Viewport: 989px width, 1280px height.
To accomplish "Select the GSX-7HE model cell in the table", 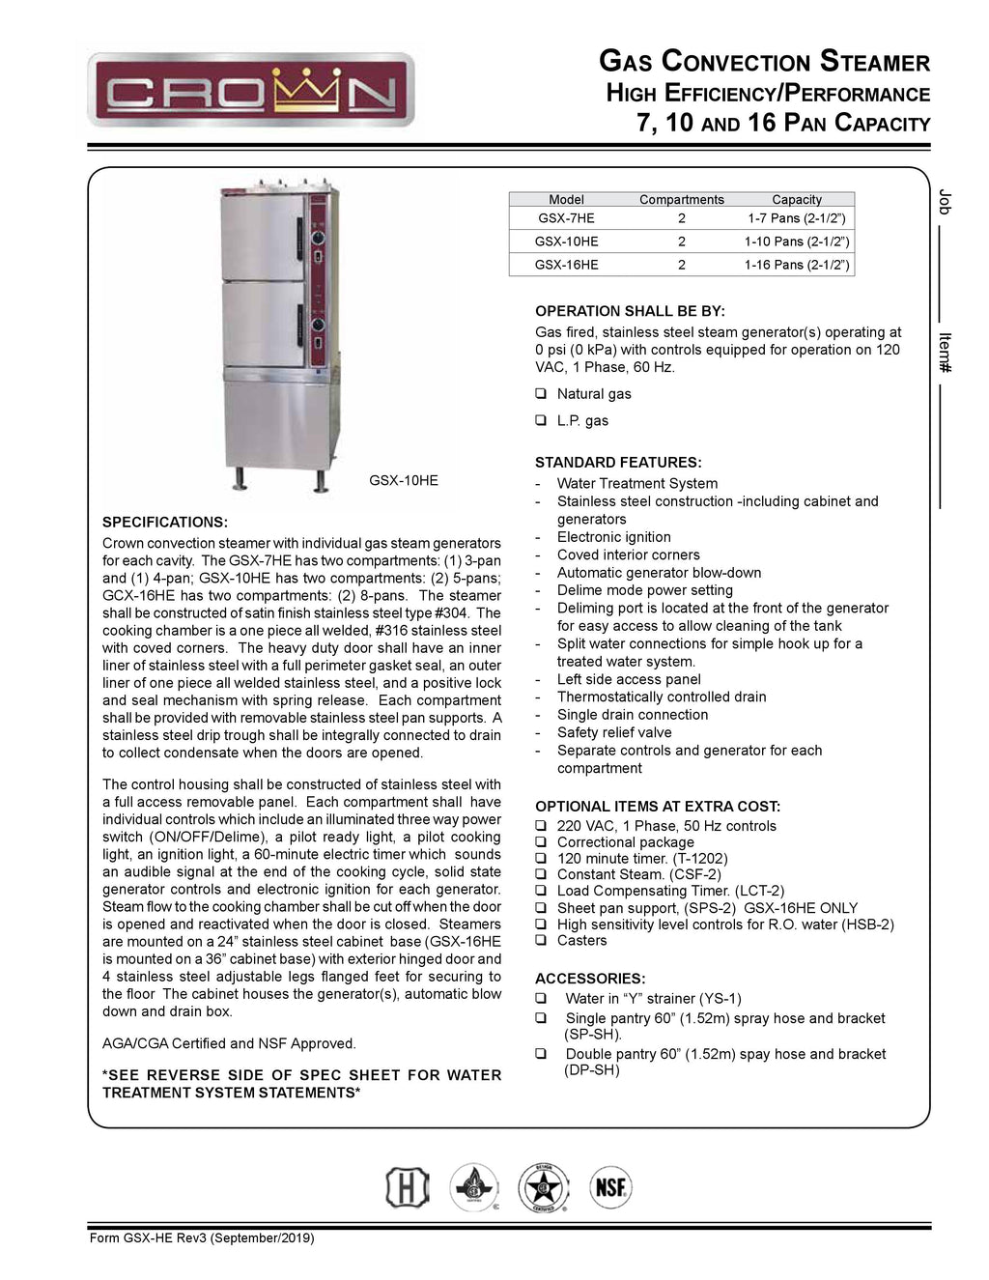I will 566,218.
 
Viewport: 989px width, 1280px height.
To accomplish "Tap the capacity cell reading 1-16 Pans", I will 796,265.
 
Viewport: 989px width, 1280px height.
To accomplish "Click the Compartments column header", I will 681,199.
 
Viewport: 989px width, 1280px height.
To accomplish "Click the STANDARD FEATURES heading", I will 618,463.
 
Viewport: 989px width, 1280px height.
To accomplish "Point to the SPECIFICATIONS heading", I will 165,522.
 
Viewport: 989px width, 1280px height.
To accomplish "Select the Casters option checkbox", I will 541,940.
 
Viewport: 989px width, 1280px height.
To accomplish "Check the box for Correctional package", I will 541,842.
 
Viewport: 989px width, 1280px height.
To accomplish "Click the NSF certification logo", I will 610,1187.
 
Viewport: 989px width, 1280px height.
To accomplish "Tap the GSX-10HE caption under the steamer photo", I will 404,480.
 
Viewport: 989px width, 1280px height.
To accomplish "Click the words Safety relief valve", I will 614,732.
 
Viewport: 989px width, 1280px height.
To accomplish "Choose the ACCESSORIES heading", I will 590,979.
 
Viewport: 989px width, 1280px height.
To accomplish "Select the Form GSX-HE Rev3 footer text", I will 202,1238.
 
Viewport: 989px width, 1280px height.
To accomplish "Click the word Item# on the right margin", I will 945,353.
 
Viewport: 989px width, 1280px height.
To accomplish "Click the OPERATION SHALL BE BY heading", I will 630,311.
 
